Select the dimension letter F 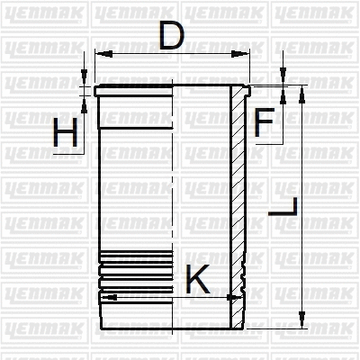click(263, 123)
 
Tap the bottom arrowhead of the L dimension click(301, 327)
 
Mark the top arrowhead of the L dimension click(301, 92)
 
